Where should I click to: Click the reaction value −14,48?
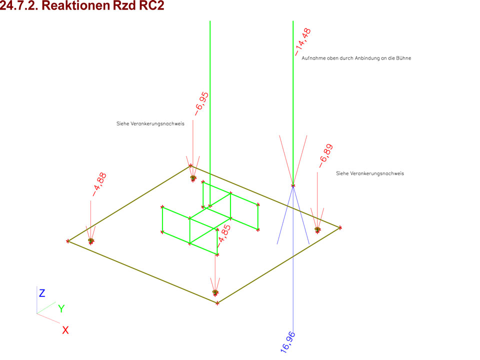[303, 42]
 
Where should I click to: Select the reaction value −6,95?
[201, 104]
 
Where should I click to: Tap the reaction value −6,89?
[325, 156]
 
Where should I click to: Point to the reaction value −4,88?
[99, 184]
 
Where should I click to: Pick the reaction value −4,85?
[224, 235]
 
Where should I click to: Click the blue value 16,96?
[288, 342]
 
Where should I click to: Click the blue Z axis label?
[42, 293]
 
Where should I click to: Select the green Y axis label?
[61, 308]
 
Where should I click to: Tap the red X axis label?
[65, 330]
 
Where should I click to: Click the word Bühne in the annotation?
[404, 58]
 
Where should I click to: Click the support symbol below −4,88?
[91, 241]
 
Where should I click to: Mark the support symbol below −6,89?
[317, 229]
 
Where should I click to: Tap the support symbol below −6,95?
[193, 178]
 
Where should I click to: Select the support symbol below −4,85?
[215, 292]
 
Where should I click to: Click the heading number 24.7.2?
[19, 5]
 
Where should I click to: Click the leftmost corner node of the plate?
[67, 241]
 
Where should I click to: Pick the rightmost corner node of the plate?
[340, 228]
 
